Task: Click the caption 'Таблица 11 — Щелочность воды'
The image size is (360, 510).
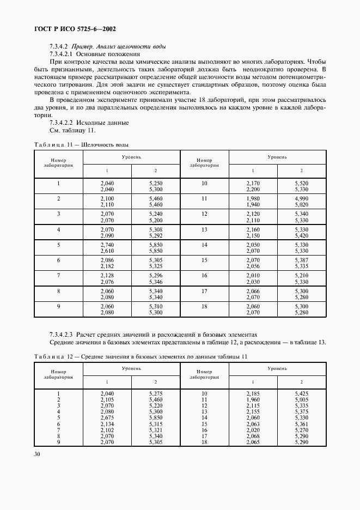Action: click(81, 144)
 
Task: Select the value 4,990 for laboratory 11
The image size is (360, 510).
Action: click(301, 198)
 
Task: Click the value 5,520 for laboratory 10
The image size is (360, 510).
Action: click(301, 183)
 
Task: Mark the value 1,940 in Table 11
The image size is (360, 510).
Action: click(253, 204)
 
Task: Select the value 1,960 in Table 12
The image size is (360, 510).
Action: click(253, 399)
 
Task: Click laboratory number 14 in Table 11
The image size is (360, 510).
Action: click(204, 245)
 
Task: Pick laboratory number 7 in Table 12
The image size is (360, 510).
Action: click(58, 429)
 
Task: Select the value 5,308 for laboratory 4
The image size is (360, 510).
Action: click(155, 229)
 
